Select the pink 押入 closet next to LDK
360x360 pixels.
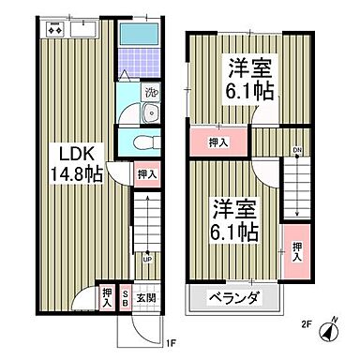[x=144, y=173]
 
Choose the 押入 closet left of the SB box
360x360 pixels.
[x=108, y=298]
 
